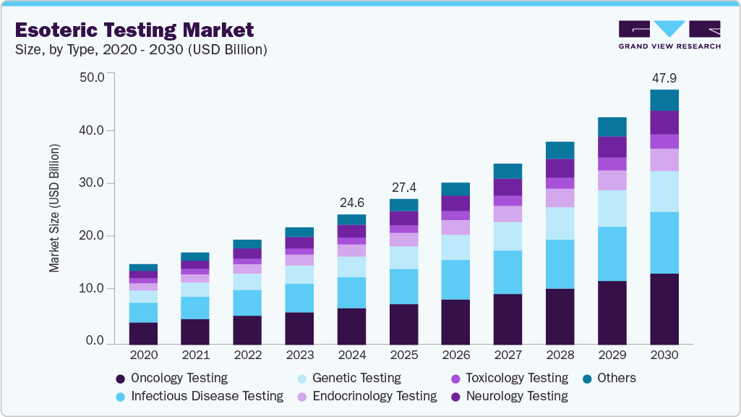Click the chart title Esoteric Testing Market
[x=134, y=30]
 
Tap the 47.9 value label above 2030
[x=664, y=78]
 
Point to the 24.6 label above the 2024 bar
[x=351, y=203]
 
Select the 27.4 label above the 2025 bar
[x=403, y=188]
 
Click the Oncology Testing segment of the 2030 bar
[x=664, y=308]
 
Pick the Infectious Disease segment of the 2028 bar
[x=560, y=264]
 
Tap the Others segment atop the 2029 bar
[x=612, y=127]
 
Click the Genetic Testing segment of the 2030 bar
[x=664, y=191]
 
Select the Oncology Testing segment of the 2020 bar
[x=143, y=333]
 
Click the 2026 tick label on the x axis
[x=455, y=355]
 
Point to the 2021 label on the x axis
[x=195, y=355]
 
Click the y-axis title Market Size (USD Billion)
[x=54, y=208]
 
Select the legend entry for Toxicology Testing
[x=516, y=378]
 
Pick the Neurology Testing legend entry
[x=516, y=396]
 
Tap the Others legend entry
[x=616, y=378]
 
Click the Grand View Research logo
[x=669, y=34]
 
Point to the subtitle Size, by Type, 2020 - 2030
[x=142, y=50]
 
